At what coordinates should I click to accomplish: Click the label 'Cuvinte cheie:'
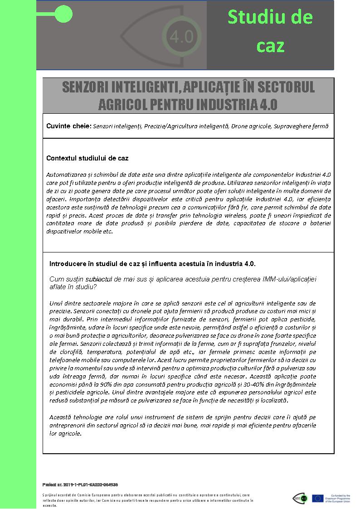(68, 126)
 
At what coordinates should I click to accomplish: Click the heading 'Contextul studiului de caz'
(87, 158)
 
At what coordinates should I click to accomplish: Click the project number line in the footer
(80, 485)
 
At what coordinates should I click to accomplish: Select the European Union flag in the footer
(317, 499)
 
